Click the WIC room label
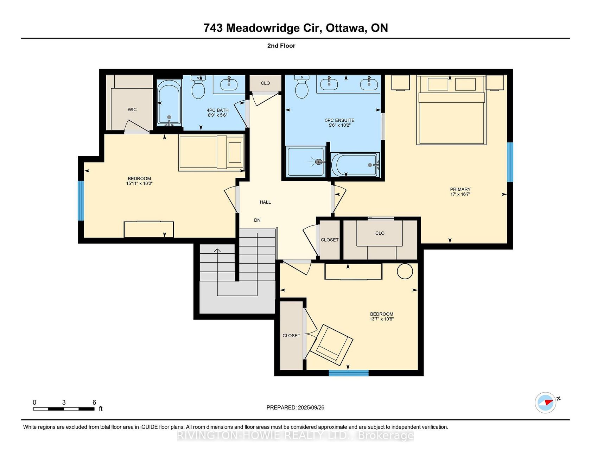132,110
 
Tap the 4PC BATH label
218,110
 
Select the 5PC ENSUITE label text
340,120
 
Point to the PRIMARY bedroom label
460,189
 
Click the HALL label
265,202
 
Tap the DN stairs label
258,220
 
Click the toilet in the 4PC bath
198,87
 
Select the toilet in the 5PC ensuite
301,87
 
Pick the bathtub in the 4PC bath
169,103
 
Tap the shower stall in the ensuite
306,161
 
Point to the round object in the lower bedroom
405,271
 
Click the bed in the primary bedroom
451,110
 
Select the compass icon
546,402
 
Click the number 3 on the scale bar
64,402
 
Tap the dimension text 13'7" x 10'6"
382,319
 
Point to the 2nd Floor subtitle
281,46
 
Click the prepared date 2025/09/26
311,407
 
